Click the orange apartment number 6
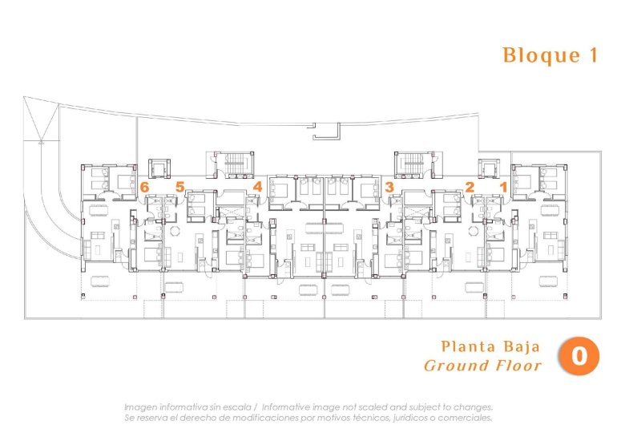tap(144, 187)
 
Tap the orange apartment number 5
tap(180, 187)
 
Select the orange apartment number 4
tap(257, 187)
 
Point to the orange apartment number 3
tap(389, 187)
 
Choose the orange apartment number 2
tap(470, 187)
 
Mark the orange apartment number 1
tap(503, 187)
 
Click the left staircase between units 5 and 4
tap(236, 164)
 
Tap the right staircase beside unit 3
tap(410, 164)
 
